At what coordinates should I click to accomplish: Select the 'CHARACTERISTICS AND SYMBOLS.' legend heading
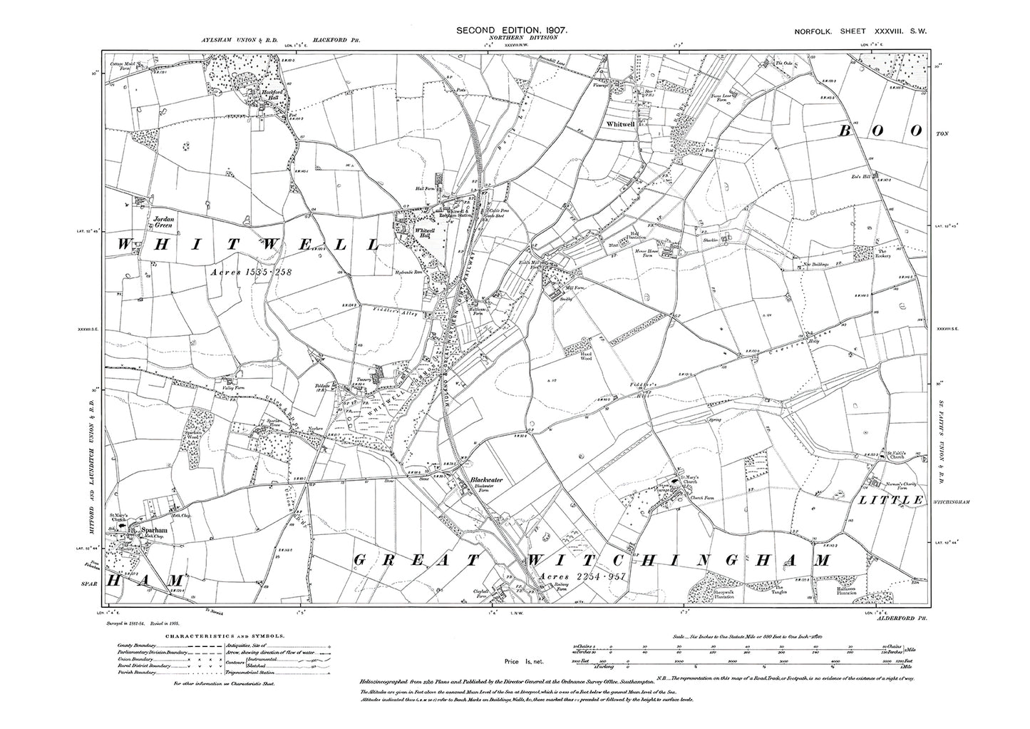point(225,634)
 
